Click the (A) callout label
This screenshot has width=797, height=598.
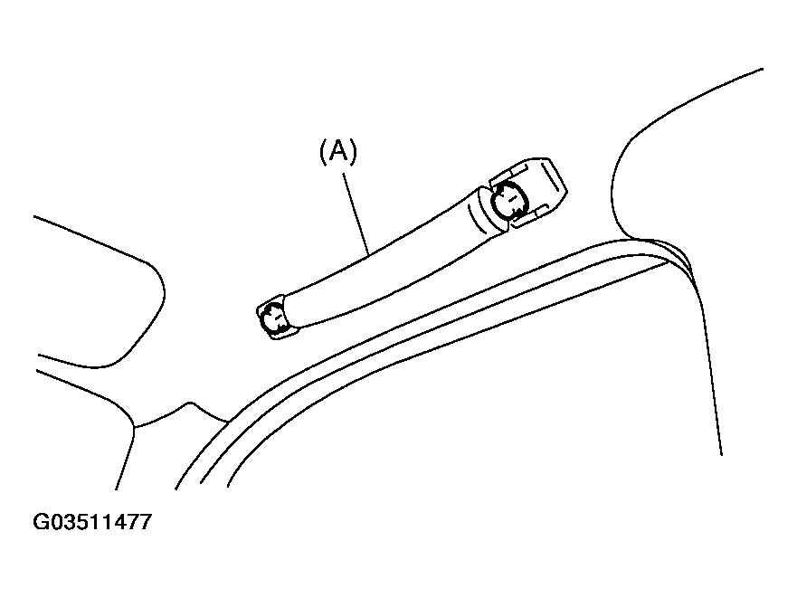(338, 151)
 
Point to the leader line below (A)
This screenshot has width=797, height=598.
(356, 214)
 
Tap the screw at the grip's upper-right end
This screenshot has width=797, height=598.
(508, 200)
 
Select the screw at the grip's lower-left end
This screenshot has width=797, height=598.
(272, 318)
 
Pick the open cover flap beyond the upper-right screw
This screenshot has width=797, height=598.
(539, 191)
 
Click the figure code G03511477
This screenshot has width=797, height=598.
(92, 522)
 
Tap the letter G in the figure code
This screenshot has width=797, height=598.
(41, 522)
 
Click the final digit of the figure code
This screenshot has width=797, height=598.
(145, 522)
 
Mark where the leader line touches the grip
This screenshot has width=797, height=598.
(369, 255)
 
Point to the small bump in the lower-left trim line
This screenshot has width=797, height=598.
(191, 403)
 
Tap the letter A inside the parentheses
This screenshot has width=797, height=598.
(338, 151)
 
